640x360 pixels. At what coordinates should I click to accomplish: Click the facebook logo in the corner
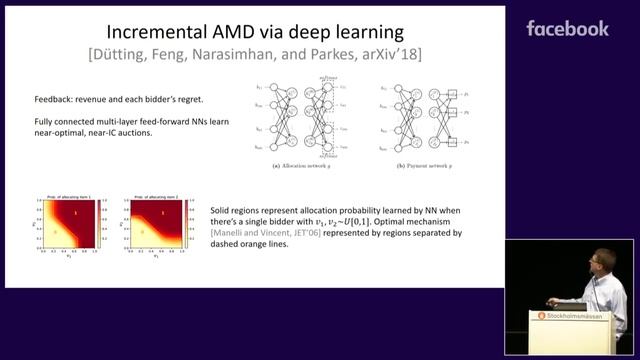pyautogui.click(x=567, y=28)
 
